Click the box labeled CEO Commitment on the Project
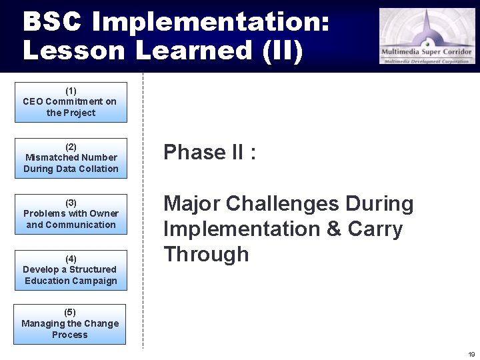click(71, 102)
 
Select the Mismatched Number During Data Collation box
click(71, 158)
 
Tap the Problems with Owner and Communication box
click(71, 214)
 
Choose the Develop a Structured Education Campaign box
click(71, 270)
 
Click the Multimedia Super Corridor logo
click(427, 36)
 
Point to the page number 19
click(471, 354)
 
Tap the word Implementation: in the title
click(211, 22)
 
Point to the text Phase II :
click(210, 153)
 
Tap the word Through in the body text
click(206, 255)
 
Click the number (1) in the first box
click(71, 91)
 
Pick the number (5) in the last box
click(70, 313)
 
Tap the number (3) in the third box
click(71, 203)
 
